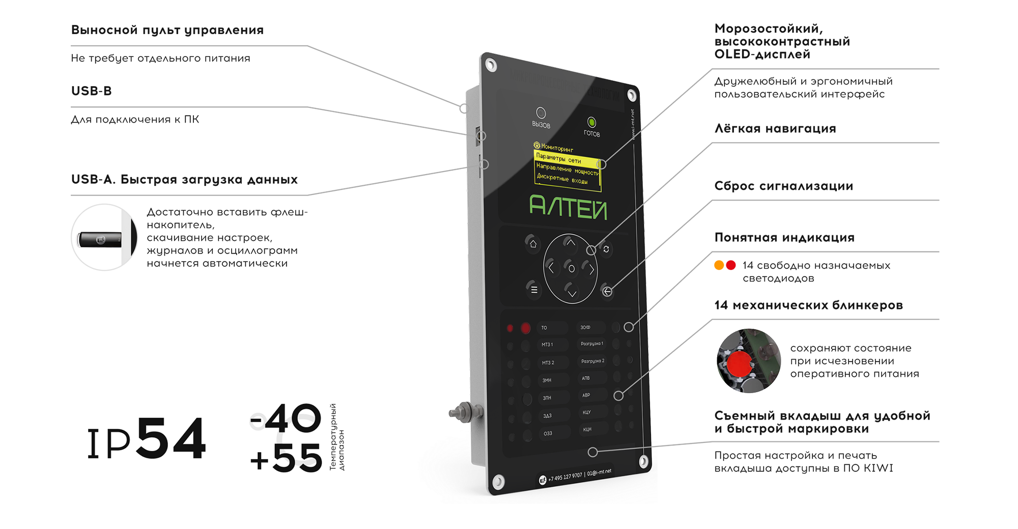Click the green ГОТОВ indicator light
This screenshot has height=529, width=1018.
tap(591, 122)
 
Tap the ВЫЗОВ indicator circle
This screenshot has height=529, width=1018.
tap(541, 113)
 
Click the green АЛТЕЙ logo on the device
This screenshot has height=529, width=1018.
tap(569, 207)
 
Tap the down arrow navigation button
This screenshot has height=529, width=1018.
tap(572, 293)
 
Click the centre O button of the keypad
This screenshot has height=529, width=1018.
tap(571, 268)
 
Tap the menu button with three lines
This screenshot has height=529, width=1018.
tap(534, 289)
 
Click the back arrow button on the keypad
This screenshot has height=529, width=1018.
tap(607, 291)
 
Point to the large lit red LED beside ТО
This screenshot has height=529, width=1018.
tap(525, 328)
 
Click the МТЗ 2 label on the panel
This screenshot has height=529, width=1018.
tap(548, 363)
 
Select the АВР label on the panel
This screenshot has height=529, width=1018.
tap(586, 395)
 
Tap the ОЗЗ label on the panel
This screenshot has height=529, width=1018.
tap(548, 434)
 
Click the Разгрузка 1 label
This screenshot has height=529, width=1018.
tap(592, 344)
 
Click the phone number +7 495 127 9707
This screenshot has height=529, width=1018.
tap(565, 477)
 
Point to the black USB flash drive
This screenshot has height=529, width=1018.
tap(100, 239)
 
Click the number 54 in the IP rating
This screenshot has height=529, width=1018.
tap(171, 438)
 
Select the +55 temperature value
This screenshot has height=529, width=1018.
tap(287, 458)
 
